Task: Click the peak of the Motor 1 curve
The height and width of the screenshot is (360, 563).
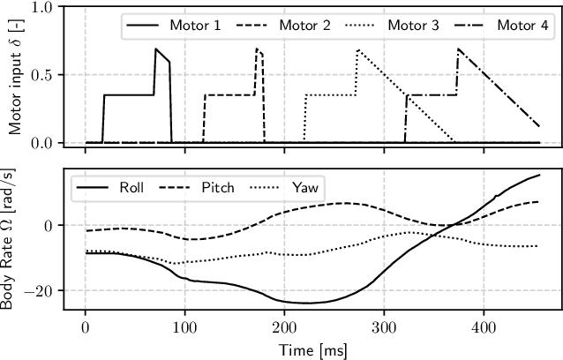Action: (x=156, y=49)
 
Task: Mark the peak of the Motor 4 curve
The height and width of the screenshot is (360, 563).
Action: (x=458, y=49)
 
